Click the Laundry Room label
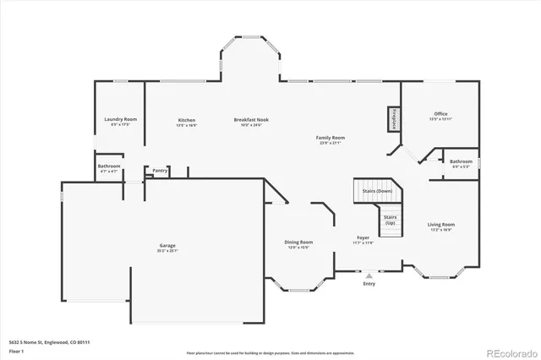[x=120, y=119]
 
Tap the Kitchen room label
[x=187, y=119]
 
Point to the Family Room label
[x=331, y=137]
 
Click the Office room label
[x=440, y=113]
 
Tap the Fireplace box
[x=394, y=119]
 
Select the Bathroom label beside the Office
[x=461, y=161]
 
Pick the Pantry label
[x=160, y=171]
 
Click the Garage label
[x=167, y=245]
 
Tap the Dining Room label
[x=298, y=243]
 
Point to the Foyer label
[x=363, y=237]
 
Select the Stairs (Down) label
[x=377, y=192]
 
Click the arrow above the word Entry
[x=369, y=275]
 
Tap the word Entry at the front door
[x=369, y=284]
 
